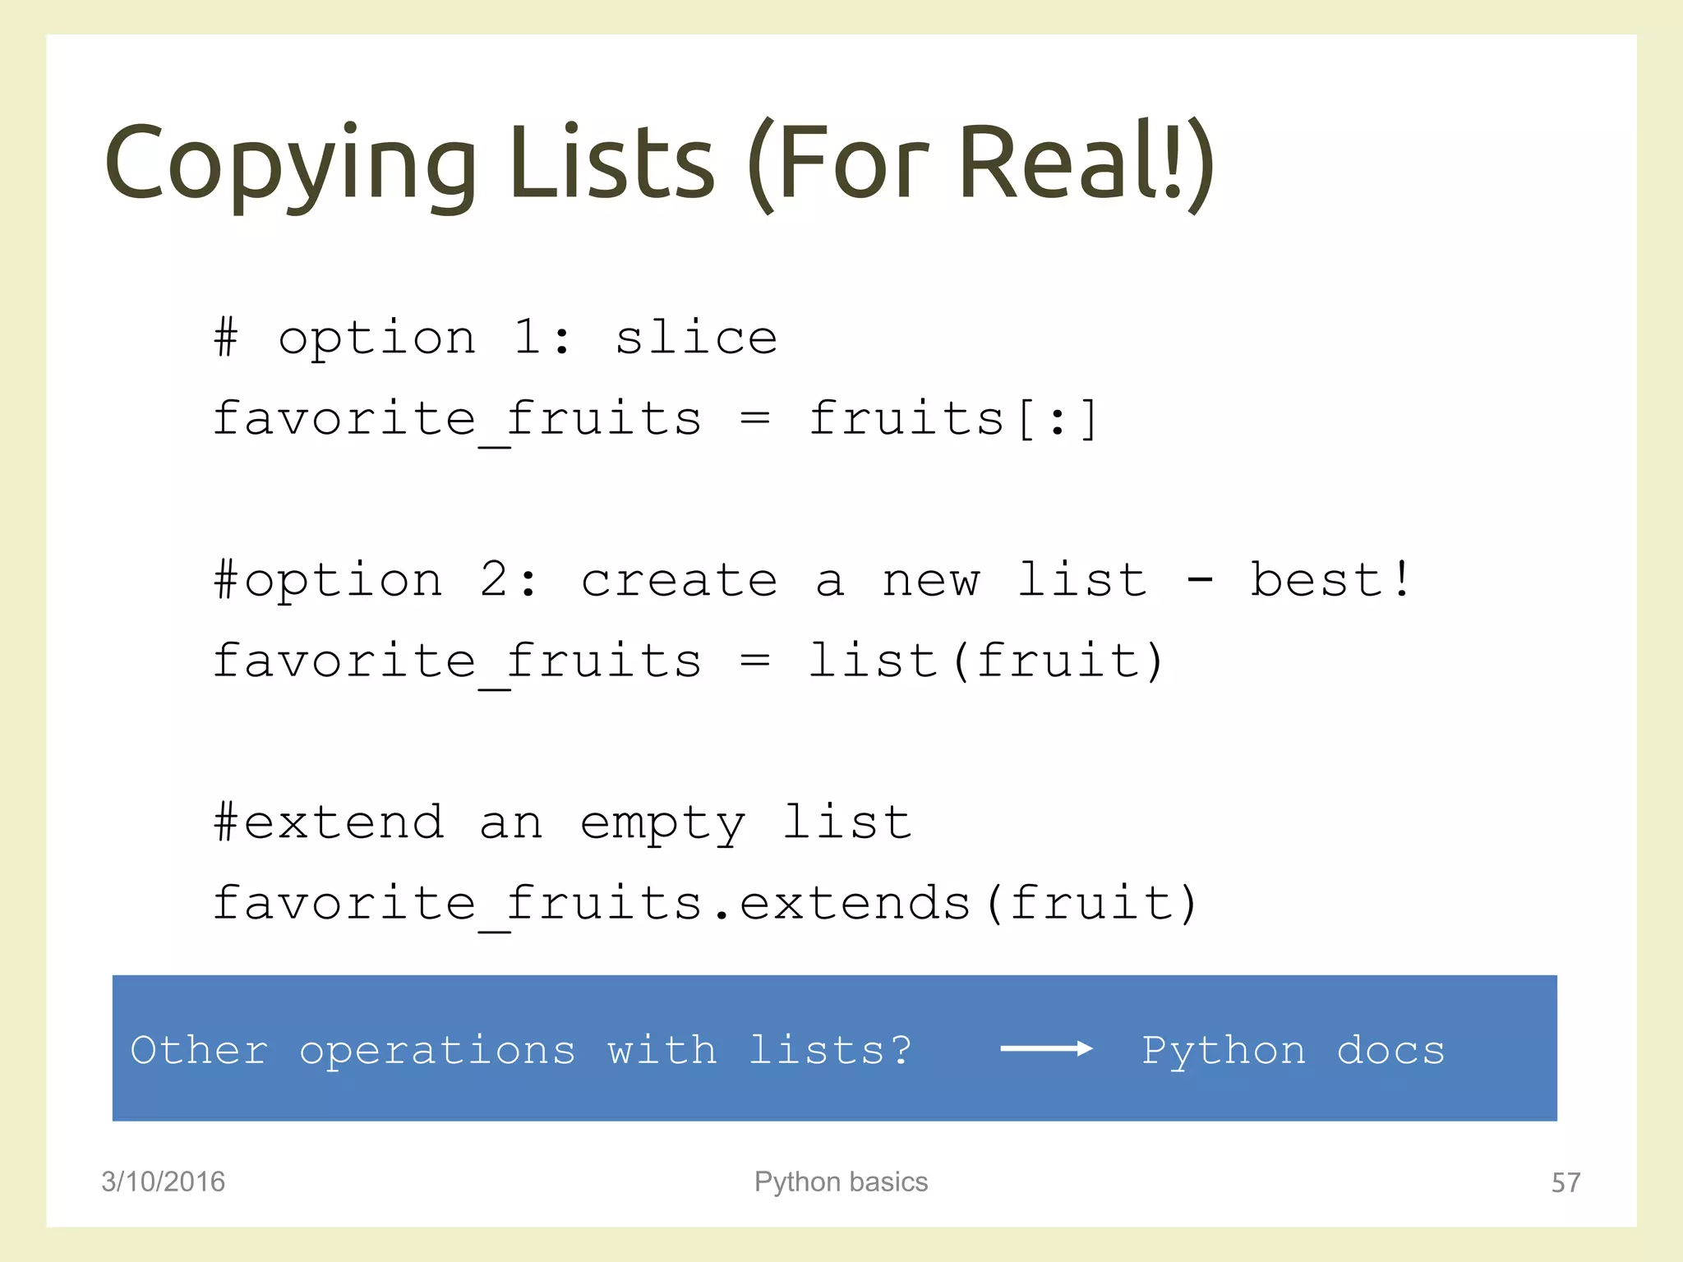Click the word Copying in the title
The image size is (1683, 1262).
pos(289,164)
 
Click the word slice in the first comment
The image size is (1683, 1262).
pos(696,339)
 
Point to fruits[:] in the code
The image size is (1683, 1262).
pos(952,419)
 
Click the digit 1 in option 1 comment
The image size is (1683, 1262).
pos(526,337)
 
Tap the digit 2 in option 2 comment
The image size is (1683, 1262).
pos(495,579)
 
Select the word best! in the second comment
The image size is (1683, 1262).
pos(1331,579)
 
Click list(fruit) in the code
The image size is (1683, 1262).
pos(985,661)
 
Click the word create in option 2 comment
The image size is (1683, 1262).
pos(679,581)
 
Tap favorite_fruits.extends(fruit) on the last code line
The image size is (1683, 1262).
pos(704,904)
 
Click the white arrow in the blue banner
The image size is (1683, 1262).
pos(1046,1048)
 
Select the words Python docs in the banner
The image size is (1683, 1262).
pos(1293,1050)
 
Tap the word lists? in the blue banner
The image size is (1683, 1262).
pos(830,1050)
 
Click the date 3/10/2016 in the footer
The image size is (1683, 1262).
pos(163,1181)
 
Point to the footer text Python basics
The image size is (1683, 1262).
pos(841,1181)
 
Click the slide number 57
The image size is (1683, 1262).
pos(1565,1182)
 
